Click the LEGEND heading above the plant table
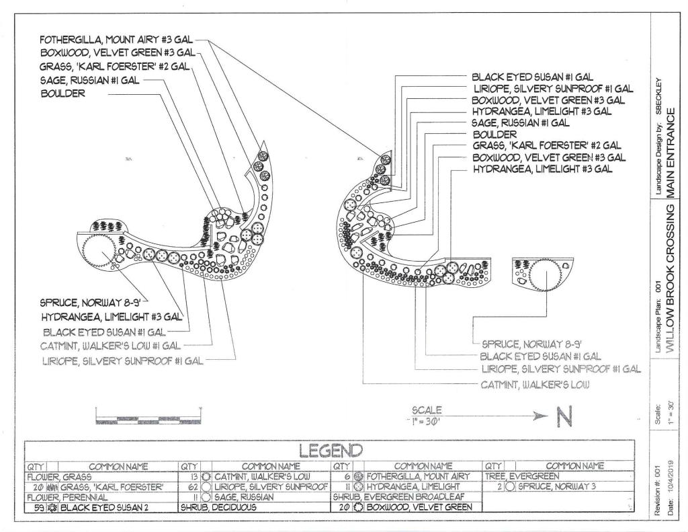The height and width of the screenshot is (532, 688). [329, 449]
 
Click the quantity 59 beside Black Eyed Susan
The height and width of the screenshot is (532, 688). [34, 508]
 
